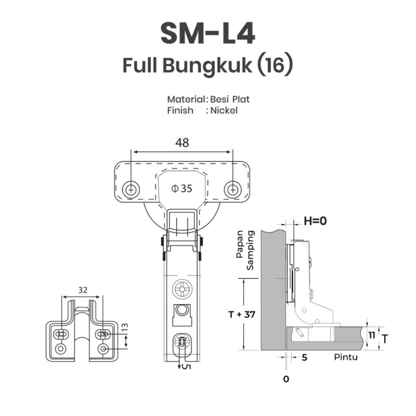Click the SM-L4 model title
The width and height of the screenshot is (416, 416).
click(208, 34)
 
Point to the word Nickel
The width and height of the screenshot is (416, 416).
click(223, 110)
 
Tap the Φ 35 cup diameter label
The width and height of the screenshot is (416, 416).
click(182, 188)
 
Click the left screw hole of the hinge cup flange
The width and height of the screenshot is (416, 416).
click(131, 189)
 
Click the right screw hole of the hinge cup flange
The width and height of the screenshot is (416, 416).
click(232, 189)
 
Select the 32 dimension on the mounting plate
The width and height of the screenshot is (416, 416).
click(82, 290)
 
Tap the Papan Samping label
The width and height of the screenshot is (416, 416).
click(245, 250)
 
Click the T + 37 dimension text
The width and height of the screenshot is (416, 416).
click(242, 314)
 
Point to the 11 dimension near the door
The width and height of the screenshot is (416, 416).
click(371, 335)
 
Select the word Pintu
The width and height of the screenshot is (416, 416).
click(346, 357)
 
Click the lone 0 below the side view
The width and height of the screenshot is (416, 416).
click(286, 379)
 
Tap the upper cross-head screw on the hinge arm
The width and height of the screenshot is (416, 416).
click(182, 290)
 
